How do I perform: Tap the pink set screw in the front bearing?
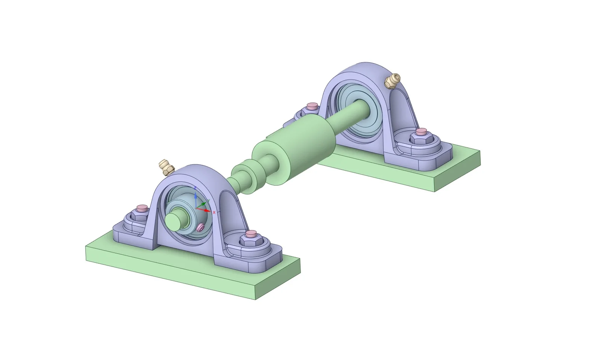pos(201,227)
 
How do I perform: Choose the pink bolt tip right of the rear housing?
pos(422,131)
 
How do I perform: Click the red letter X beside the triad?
pos(214,212)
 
